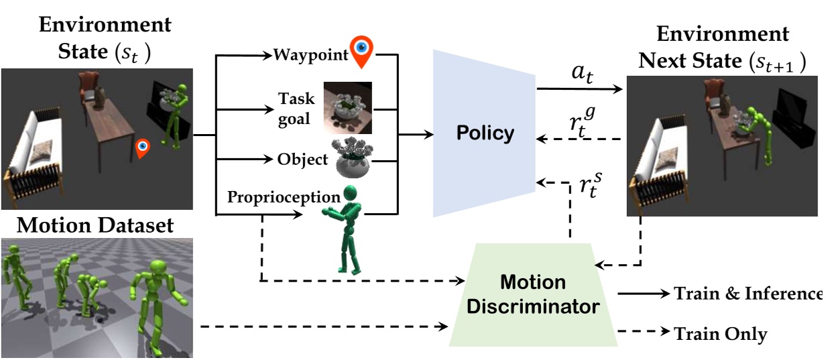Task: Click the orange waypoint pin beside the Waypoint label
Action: (363, 52)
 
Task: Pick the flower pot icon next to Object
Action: (353, 160)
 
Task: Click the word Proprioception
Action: (284, 198)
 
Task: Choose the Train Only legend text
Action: (721, 333)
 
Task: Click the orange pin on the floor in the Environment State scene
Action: (141, 149)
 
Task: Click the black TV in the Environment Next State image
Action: (791, 111)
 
